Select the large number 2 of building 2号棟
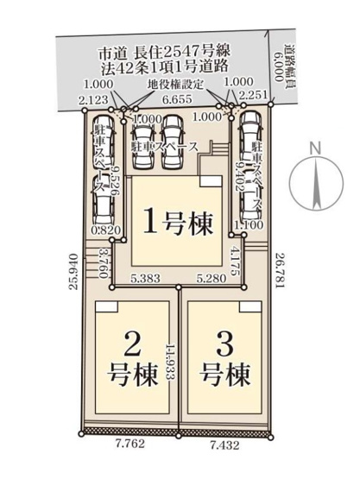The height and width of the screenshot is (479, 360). [132, 346]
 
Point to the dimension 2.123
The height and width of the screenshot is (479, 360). [92, 100]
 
